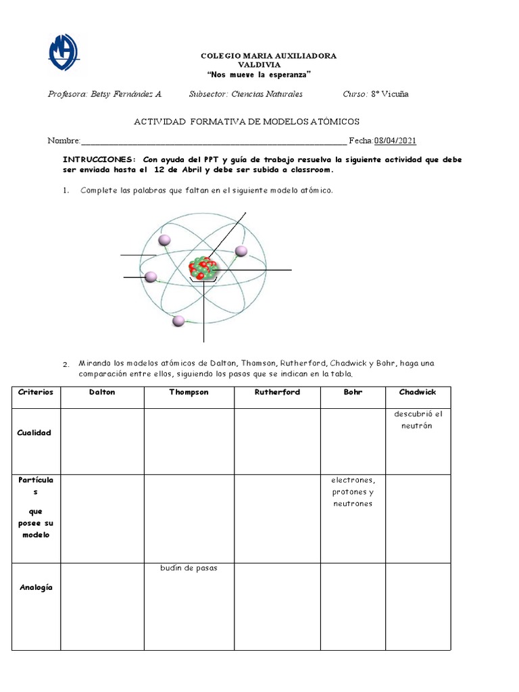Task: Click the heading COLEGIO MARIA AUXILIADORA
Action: pyautogui.click(x=269, y=55)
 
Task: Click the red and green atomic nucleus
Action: pyautogui.click(x=203, y=268)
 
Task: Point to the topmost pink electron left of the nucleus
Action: pyautogui.click(x=164, y=240)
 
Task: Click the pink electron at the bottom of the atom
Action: pyautogui.click(x=178, y=320)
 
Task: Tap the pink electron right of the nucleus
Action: pyautogui.click(x=241, y=251)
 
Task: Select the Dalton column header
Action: pyautogui.click(x=102, y=392)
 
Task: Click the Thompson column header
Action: pyautogui.click(x=189, y=392)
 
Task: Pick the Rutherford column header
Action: pyautogui.click(x=277, y=392)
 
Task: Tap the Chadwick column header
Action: pyautogui.click(x=418, y=392)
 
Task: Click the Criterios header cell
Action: pyautogui.click(x=36, y=392)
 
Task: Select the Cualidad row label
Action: pyautogui.click(x=34, y=432)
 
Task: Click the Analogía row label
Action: pyautogui.click(x=36, y=587)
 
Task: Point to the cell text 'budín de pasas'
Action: pyautogui.click(x=189, y=568)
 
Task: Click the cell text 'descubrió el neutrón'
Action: pyautogui.click(x=418, y=420)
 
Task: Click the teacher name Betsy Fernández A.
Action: pyautogui.click(x=105, y=94)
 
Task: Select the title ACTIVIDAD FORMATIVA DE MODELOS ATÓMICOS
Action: pyautogui.click(x=247, y=122)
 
